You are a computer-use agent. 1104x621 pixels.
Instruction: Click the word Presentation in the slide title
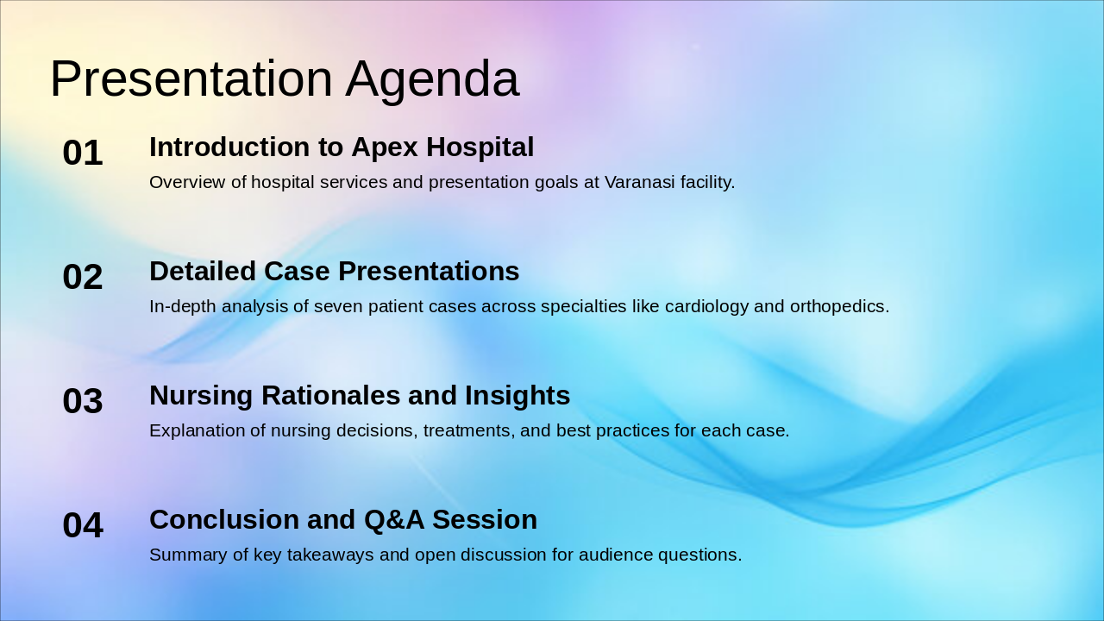(x=191, y=78)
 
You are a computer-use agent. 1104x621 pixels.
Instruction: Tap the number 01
(x=83, y=153)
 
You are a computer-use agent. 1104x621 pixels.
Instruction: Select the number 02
(x=83, y=277)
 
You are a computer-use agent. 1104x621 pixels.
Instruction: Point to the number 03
(x=83, y=401)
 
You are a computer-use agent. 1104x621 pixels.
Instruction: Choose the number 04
(x=83, y=525)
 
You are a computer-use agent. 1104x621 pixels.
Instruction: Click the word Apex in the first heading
(x=385, y=148)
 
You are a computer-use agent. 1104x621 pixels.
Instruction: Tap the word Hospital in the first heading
(x=480, y=148)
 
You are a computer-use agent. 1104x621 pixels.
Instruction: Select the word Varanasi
(x=640, y=182)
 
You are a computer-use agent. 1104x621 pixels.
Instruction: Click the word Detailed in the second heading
(x=203, y=271)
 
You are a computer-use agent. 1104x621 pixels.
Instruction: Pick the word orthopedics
(x=839, y=307)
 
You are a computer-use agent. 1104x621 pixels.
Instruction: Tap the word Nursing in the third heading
(x=201, y=396)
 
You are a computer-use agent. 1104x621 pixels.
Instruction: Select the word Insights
(x=517, y=396)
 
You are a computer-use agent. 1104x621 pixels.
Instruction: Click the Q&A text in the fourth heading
(x=394, y=520)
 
